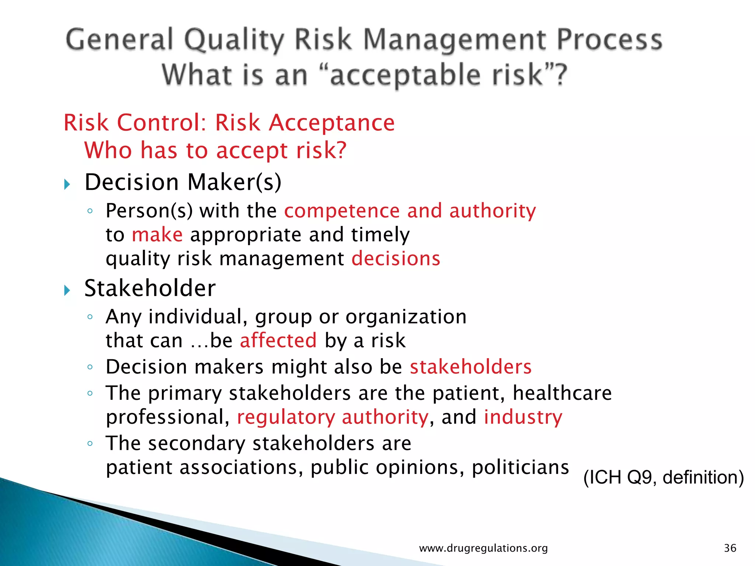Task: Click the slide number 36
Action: [x=730, y=548]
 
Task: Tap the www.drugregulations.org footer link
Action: [x=483, y=548]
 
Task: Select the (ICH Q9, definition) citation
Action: [x=664, y=478]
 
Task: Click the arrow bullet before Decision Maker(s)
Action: [x=67, y=184]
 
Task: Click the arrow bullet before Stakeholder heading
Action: [x=67, y=290]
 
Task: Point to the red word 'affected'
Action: [x=278, y=340]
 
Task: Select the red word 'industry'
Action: [x=523, y=417]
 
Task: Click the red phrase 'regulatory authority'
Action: [x=333, y=417]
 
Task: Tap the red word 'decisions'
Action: [x=396, y=258]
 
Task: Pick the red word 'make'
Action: [x=157, y=235]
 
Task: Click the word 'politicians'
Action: [x=520, y=467]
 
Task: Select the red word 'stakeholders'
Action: [x=470, y=367]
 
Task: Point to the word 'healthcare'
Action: [x=562, y=393]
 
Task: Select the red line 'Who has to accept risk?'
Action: [x=215, y=150]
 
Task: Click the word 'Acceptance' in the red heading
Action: [x=331, y=123]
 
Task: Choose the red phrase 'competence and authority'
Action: [x=410, y=211]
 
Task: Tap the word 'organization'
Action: [x=406, y=317]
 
